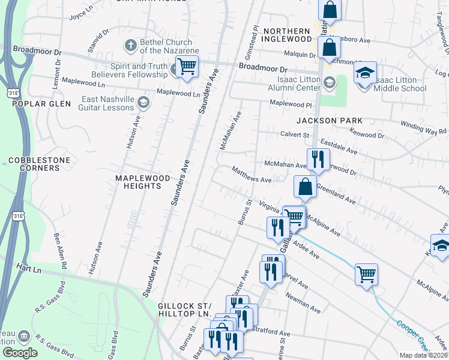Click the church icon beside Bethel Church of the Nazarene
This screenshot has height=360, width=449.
pos(130,45)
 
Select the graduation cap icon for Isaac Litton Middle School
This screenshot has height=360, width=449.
pos(365,74)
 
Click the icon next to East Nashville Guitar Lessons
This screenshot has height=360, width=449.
pos(143,103)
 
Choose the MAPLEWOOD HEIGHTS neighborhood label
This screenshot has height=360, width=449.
pos(139,182)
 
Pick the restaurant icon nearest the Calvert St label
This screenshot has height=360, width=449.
pos(317,160)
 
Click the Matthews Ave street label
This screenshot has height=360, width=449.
pos(253,175)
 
